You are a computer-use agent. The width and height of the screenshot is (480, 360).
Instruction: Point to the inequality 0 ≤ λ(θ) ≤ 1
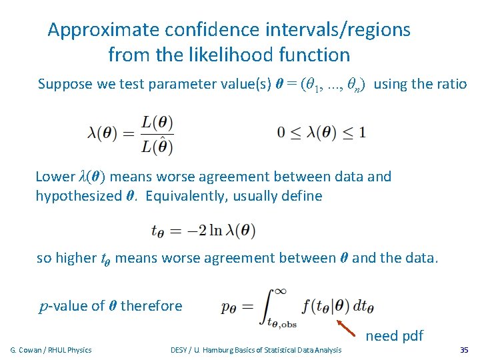tap(321, 131)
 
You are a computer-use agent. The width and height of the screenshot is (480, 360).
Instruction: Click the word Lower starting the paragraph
tap(55, 177)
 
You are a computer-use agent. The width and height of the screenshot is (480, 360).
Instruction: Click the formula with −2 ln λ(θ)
tap(203, 231)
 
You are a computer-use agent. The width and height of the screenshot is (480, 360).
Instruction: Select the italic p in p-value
tap(45, 306)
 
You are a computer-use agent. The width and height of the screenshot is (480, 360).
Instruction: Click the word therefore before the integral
tap(151, 306)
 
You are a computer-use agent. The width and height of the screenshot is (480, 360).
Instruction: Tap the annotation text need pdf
tap(394, 335)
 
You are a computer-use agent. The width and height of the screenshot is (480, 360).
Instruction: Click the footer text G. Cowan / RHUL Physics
tap(51, 350)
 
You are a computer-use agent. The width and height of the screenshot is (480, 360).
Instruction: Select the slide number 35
tap(464, 349)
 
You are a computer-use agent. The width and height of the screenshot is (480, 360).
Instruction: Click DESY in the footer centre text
tap(179, 350)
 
